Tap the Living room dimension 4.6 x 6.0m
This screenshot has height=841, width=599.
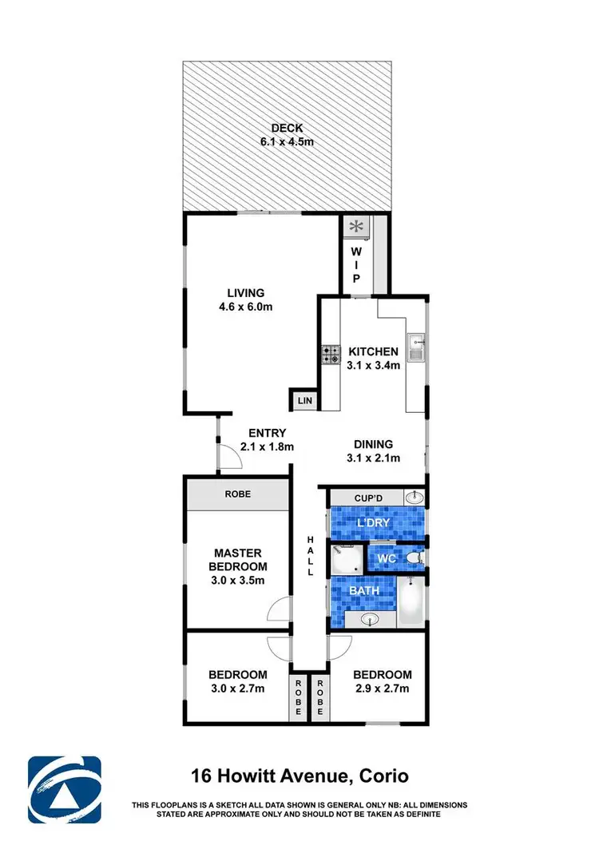coord(245,307)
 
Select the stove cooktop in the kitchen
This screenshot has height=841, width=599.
coord(331,354)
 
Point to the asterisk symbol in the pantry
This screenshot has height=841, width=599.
coord(354,227)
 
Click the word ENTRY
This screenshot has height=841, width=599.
coord(268,433)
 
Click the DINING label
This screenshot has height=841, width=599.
coord(374,444)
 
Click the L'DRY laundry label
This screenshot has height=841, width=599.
coord(374,523)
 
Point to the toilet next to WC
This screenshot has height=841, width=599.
coord(414,557)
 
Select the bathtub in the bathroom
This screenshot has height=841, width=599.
coord(413,601)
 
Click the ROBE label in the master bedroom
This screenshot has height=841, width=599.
coord(237,494)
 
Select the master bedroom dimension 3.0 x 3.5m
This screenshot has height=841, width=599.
coord(237,581)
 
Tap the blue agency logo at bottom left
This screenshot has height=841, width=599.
coord(65,790)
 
